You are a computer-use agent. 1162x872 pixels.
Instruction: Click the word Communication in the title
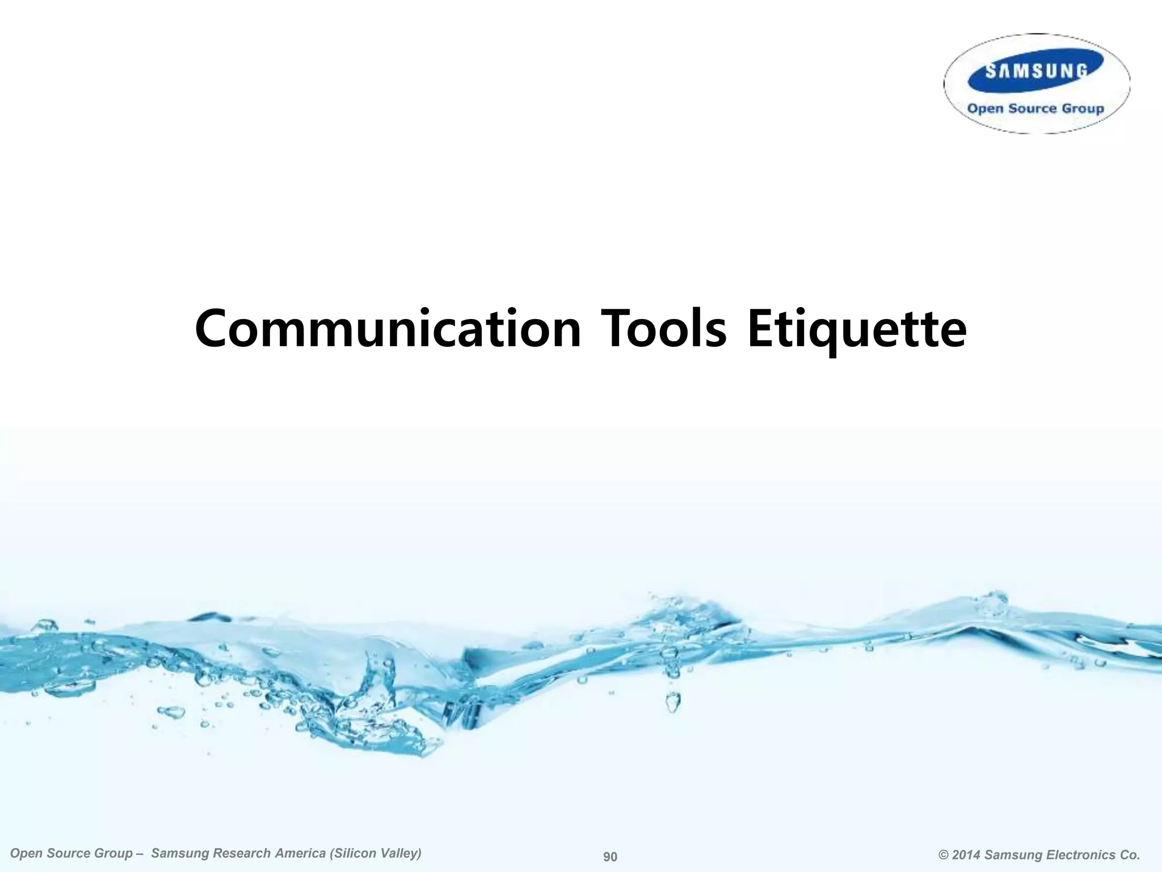tap(388, 329)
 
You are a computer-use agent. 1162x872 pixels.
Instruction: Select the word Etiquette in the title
tap(857, 329)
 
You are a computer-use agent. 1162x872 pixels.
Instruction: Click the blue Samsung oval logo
tap(1036, 71)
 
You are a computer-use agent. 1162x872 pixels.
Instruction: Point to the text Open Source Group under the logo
tap(1036, 108)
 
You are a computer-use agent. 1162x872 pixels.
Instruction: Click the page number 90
tap(610, 857)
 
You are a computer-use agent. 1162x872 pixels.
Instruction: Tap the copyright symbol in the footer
tap(944, 855)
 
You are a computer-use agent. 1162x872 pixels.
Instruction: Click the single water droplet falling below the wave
tap(672, 702)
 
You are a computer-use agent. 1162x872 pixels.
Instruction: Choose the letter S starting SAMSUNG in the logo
tap(990, 72)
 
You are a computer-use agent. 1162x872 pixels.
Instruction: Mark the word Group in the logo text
tap(1083, 108)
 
